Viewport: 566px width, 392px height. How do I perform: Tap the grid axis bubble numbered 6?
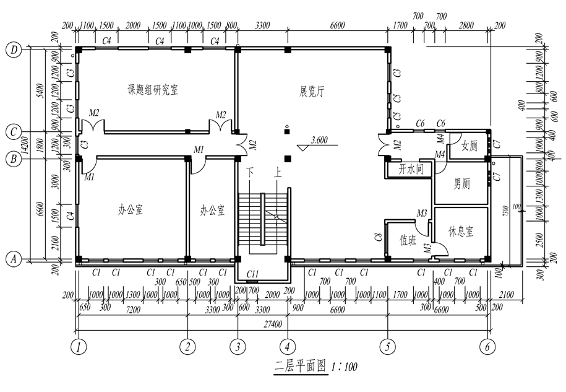(487, 347)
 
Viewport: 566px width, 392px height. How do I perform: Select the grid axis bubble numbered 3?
(238, 347)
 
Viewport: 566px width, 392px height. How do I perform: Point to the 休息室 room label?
(461, 231)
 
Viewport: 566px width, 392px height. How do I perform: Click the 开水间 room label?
(410, 168)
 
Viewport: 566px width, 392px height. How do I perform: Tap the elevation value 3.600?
(320, 139)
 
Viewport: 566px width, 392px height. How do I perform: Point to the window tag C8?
(377, 237)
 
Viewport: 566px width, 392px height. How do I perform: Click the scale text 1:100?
(345, 367)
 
